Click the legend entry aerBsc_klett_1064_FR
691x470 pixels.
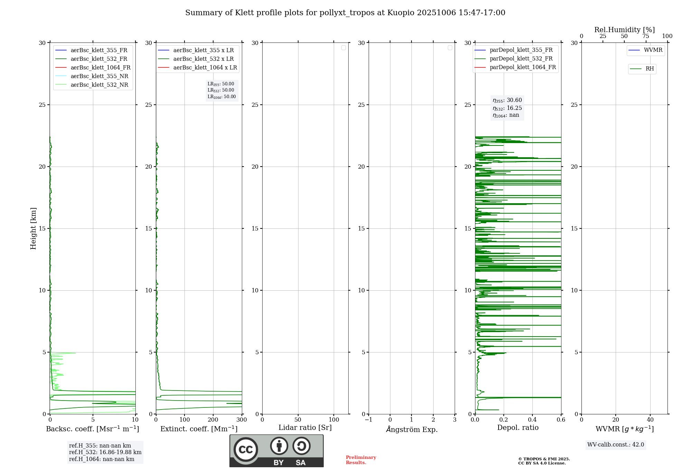[100, 68]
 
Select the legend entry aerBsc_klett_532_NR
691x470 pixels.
[99, 85]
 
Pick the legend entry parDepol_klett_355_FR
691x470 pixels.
[521, 50]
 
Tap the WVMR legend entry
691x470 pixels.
[653, 50]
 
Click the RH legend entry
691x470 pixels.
[650, 69]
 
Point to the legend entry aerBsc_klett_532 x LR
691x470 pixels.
[203, 59]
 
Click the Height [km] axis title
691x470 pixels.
[33, 228]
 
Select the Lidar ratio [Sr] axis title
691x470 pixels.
[305, 428]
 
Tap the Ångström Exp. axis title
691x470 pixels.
[412, 430]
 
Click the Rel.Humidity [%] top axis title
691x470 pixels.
[624, 30]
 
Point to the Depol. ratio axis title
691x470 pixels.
[518, 428]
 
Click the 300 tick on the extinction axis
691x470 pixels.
[242, 420]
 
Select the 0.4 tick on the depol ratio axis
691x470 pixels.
[532, 420]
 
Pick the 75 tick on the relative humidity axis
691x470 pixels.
[645, 36]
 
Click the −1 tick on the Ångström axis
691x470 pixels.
[369, 420]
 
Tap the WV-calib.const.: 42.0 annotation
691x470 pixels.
[616, 445]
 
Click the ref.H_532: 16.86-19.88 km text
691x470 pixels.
[105, 452]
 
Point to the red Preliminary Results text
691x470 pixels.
[361, 460]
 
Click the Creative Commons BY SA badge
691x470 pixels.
[276, 451]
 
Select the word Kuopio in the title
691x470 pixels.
[401, 13]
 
